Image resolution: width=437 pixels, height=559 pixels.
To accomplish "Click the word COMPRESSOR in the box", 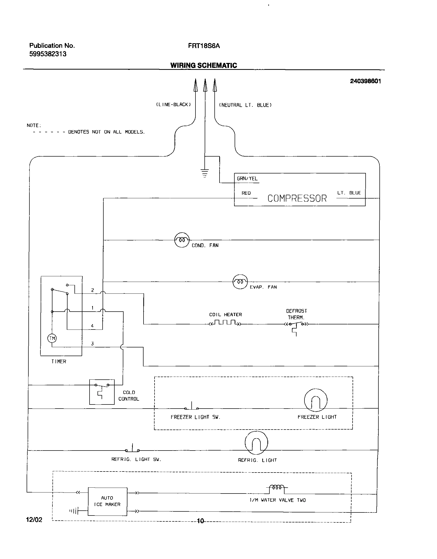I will coord(297,198).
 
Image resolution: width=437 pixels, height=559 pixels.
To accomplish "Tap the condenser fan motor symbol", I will coord(182,240).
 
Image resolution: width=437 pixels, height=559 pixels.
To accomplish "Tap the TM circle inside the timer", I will coord(52,338).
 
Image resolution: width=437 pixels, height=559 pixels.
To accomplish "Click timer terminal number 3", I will coord(92,344).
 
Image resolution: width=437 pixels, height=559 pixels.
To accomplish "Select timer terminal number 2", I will coord(92,290).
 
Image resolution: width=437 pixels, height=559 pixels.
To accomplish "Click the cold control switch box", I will coord(102,392).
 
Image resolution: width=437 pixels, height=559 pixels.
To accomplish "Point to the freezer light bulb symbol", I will coord(316,400).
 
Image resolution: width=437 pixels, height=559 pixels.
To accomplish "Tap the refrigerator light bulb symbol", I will coord(256,442).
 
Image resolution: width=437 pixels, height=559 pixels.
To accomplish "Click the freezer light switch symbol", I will coord(191,407).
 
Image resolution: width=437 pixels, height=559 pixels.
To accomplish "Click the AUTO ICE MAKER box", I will coord(107,501).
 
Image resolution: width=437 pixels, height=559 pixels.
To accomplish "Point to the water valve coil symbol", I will coord(277,487).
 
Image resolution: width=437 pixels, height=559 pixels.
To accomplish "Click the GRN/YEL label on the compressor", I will coord(247,178).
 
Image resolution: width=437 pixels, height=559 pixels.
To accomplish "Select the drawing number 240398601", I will coord(365,81).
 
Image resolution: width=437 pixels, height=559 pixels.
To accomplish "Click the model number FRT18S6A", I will coord(204,46).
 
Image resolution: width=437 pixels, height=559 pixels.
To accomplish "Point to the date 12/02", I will coord(34,520).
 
